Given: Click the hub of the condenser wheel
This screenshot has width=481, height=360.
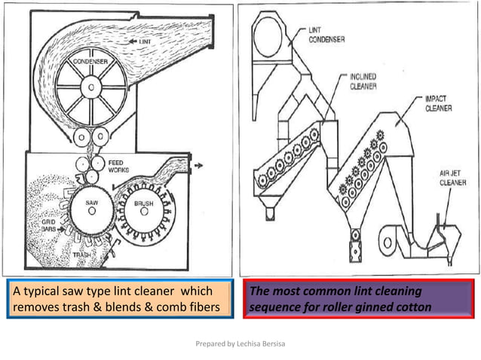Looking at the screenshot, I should [x=91, y=89].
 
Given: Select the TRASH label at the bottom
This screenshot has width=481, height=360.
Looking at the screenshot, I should [x=82, y=255].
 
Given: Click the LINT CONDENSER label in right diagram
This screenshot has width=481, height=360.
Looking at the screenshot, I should [x=327, y=34].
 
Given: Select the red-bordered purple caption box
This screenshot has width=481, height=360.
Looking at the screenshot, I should [x=357, y=298].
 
